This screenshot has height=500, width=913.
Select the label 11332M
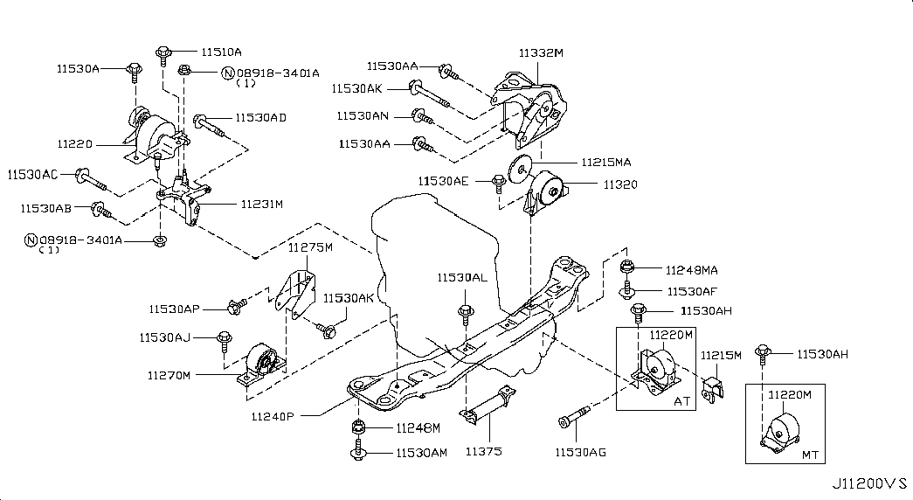click(x=541, y=53)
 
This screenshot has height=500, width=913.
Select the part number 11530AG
click(x=580, y=452)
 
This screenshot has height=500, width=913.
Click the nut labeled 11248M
click(x=357, y=427)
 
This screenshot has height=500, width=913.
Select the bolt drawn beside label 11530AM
click(x=357, y=452)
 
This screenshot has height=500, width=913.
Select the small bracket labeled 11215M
click(x=714, y=387)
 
